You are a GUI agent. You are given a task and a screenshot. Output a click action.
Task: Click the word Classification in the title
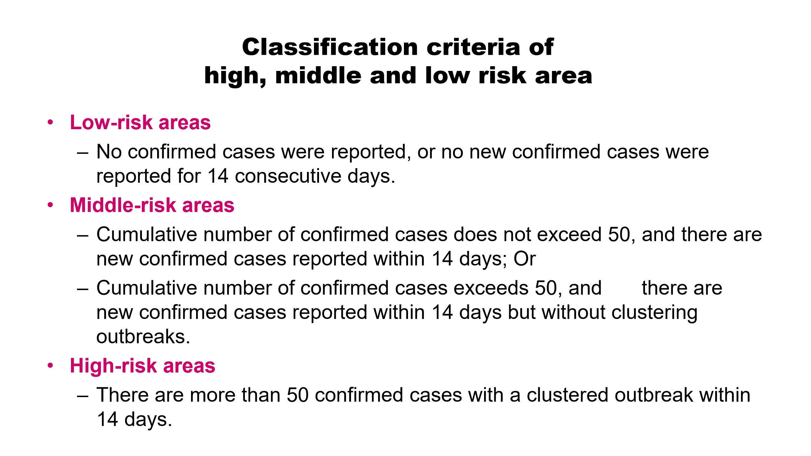tap(330, 47)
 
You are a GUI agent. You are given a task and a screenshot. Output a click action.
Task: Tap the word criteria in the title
tap(474, 47)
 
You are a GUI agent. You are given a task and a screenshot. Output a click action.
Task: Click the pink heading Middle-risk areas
tap(152, 205)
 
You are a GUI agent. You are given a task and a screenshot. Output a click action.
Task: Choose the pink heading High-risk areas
tap(143, 366)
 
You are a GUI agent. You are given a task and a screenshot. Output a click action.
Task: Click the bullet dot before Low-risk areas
tap(50, 123)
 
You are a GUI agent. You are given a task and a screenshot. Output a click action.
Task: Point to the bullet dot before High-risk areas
tap(50, 366)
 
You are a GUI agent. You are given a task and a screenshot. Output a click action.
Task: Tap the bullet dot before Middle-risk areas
tap(50, 205)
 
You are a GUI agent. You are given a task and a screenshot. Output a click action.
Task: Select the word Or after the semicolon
tap(525, 259)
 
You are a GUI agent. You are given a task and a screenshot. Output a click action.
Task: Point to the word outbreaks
tap(143, 336)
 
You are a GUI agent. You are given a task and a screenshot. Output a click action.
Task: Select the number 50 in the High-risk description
tap(297, 395)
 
